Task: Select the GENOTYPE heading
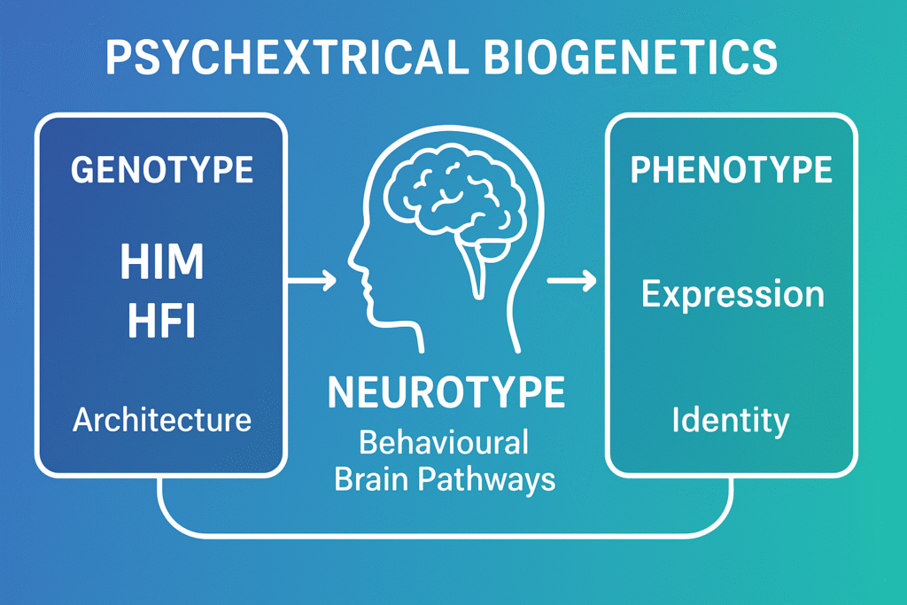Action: point(161,168)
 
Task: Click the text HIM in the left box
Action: point(162,262)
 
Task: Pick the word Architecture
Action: point(162,419)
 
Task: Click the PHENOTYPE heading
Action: point(731,170)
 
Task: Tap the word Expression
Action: point(732,294)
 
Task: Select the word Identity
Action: point(731,419)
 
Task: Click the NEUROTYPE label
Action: point(446,393)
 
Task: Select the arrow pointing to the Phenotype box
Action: point(571,282)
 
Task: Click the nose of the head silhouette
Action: point(353,259)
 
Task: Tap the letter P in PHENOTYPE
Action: point(640,170)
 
